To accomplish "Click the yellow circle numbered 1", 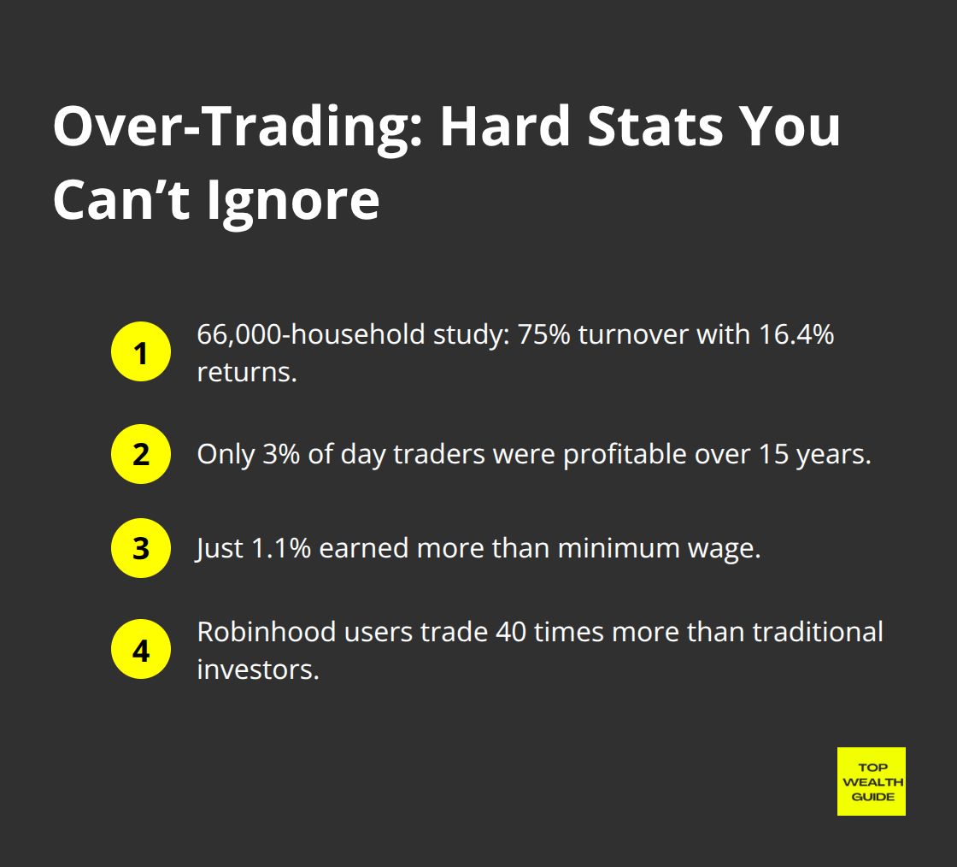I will click(141, 352).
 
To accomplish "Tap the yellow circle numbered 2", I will click(141, 454).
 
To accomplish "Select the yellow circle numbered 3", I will click(141, 548).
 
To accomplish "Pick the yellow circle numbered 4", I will click(141, 649).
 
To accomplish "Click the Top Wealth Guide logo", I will click(871, 781).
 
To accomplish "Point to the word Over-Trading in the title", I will click(238, 128).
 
